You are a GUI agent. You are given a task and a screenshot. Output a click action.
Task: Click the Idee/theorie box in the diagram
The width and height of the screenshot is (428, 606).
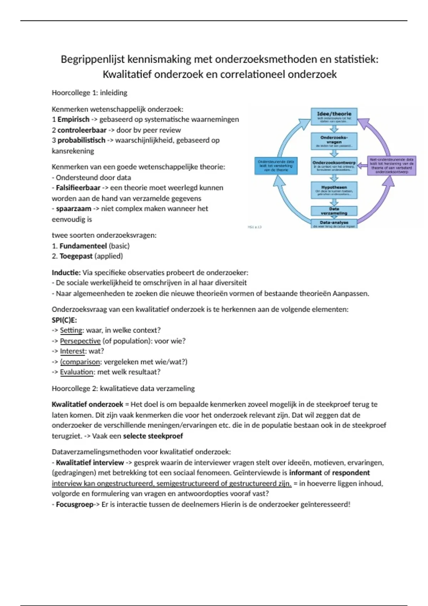click(334, 117)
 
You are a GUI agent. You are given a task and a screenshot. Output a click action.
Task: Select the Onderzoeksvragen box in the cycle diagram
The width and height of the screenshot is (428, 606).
click(334, 141)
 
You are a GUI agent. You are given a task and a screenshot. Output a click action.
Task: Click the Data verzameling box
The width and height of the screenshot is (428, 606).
click(334, 211)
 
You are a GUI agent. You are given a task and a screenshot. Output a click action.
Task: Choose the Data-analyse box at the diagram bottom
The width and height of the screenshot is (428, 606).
click(334, 224)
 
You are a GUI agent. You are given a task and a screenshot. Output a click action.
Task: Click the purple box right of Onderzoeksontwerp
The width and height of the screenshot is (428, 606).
click(391, 166)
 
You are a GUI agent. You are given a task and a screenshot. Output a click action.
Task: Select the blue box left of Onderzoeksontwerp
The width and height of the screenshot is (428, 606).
click(276, 166)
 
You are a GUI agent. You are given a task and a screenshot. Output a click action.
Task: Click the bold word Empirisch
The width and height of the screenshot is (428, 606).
click(73, 119)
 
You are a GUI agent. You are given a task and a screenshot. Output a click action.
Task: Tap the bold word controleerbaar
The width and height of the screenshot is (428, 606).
click(82, 130)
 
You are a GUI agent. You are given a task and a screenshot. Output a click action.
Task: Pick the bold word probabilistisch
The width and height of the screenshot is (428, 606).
click(81, 140)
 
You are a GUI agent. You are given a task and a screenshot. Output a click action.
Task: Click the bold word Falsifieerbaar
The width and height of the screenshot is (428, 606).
click(78, 188)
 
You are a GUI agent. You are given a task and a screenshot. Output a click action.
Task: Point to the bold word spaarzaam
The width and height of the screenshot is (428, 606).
click(73, 209)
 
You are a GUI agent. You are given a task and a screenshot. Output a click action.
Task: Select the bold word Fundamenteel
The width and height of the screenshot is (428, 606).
click(83, 246)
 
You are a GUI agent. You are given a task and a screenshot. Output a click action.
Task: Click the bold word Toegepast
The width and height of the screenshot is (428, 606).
click(76, 256)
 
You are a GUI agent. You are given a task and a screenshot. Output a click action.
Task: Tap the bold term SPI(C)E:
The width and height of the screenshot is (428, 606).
click(64, 320)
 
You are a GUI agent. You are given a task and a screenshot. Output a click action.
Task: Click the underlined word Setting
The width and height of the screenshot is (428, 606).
click(71, 330)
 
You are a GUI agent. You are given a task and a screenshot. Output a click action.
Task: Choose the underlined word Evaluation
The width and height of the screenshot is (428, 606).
click(77, 372)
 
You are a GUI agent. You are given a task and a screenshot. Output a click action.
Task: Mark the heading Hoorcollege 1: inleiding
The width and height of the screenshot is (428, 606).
click(89, 93)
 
